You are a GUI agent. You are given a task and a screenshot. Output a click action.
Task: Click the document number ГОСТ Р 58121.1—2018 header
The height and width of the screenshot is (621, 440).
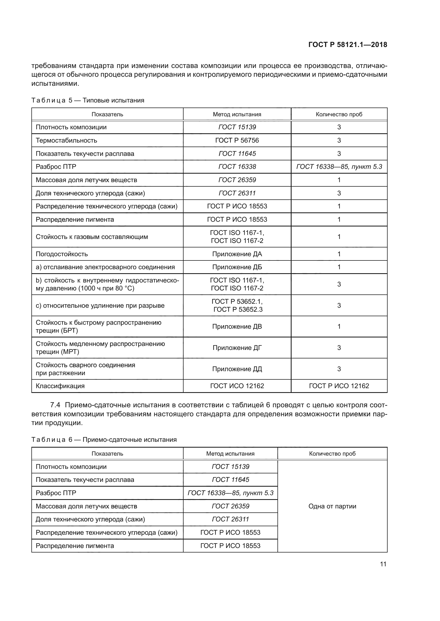click(348, 45)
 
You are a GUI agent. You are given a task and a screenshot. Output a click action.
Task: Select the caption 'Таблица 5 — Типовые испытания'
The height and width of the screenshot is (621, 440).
click(88, 100)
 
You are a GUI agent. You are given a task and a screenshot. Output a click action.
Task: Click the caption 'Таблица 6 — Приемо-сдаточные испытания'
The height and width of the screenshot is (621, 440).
click(104, 439)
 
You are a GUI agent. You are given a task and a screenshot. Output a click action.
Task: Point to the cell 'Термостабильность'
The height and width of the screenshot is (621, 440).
click(67, 140)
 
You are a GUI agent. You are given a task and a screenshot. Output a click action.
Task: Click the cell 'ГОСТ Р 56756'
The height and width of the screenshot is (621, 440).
click(237, 140)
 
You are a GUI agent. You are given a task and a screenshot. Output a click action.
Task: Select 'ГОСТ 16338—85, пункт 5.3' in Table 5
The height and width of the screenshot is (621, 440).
click(339, 167)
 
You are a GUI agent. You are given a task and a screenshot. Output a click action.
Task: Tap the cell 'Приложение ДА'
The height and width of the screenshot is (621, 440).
click(237, 254)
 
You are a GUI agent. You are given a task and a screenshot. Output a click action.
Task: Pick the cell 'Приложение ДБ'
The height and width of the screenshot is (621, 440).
click(237, 267)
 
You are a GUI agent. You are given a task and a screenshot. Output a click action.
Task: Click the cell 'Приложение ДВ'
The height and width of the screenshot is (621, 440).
click(237, 327)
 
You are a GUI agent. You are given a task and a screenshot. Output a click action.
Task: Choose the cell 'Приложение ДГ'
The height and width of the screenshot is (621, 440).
click(237, 348)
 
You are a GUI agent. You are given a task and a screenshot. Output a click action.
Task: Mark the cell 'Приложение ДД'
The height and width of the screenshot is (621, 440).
click(237, 369)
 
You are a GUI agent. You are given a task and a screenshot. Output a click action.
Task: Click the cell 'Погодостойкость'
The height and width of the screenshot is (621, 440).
click(62, 254)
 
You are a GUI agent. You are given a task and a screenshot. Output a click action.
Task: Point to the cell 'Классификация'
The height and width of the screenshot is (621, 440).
click(60, 386)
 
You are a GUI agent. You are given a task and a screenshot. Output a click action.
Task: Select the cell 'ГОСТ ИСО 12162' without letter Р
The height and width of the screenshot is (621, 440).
click(237, 386)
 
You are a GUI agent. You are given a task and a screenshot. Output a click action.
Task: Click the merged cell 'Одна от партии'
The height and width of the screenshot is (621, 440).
click(332, 506)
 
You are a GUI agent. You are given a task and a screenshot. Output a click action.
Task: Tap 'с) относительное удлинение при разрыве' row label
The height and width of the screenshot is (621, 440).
click(100, 305)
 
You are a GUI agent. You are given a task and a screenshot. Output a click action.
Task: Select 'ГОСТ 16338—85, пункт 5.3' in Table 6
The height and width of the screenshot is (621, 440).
click(230, 493)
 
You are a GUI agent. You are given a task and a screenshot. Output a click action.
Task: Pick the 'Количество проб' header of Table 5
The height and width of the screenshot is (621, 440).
click(339, 114)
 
